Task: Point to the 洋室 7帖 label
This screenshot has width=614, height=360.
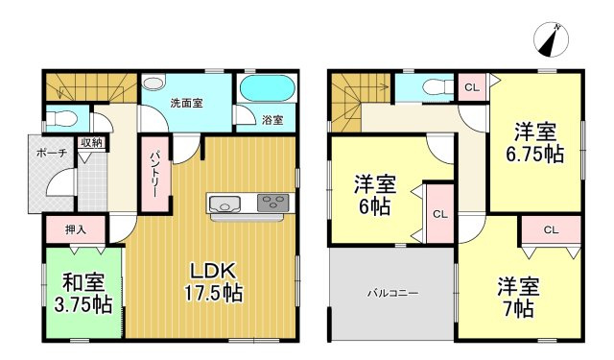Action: click(x=518, y=298)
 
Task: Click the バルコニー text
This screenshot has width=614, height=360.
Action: click(x=390, y=294)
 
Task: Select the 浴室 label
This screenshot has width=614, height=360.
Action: click(x=272, y=119)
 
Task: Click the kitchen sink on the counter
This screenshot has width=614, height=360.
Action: click(x=224, y=204)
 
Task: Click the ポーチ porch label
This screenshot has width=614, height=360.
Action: click(x=52, y=154)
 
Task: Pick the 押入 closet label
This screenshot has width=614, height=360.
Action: click(x=74, y=231)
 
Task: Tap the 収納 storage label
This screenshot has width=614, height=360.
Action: click(x=92, y=143)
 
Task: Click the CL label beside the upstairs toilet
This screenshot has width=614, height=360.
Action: click(x=471, y=88)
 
